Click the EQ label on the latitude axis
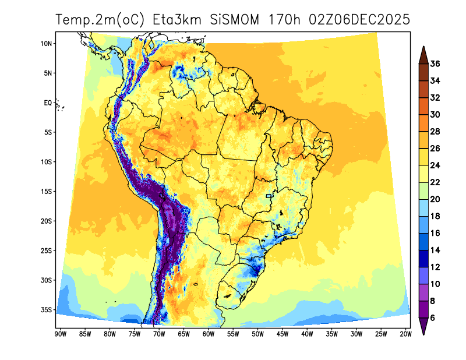(48, 103)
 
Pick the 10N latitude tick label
(47, 44)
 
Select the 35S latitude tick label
(47, 309)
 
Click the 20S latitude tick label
(47, 221)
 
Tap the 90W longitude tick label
(59, 334)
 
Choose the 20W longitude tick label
(406, 334)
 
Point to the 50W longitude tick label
(257, 334)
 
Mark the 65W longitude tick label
(183, 334)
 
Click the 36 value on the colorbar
(435, 63)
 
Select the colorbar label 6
(433, 317)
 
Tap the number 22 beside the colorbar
(435, 182)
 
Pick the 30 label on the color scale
(435, 114)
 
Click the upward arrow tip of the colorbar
(423, 48)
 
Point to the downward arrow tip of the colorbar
(423, 333)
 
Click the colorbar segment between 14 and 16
(423, 241)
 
